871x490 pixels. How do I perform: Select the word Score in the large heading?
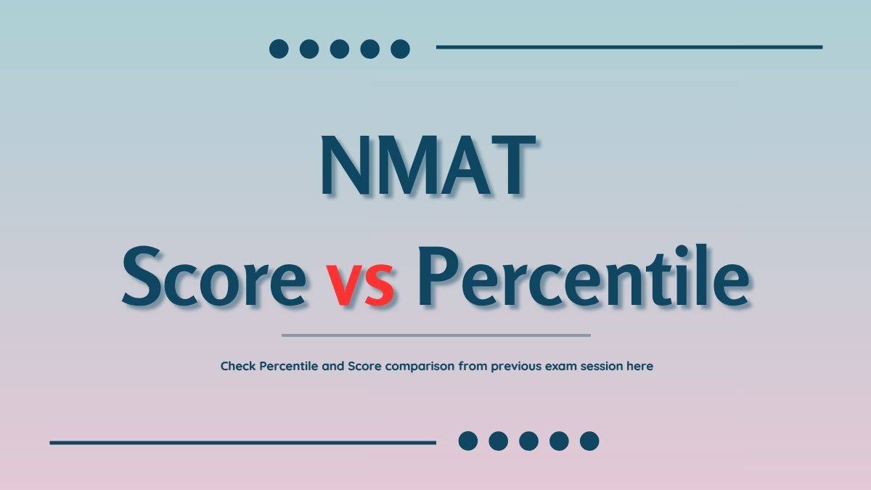point(213,277)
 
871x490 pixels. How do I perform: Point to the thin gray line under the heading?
point(435,335)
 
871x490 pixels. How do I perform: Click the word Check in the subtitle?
point(238,366)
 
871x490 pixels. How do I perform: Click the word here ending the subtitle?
point(639,367)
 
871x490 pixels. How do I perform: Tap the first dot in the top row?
point(279,49)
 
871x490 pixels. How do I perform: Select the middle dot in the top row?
point(340,49)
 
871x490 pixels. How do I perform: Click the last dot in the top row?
point(400,49)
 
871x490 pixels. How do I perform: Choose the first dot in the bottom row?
point(468,441)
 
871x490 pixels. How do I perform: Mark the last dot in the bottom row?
point(589,441)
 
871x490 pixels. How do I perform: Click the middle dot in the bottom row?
point(528,441)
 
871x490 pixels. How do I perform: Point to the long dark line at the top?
point(629,47)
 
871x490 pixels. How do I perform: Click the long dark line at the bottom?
point(242,442)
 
